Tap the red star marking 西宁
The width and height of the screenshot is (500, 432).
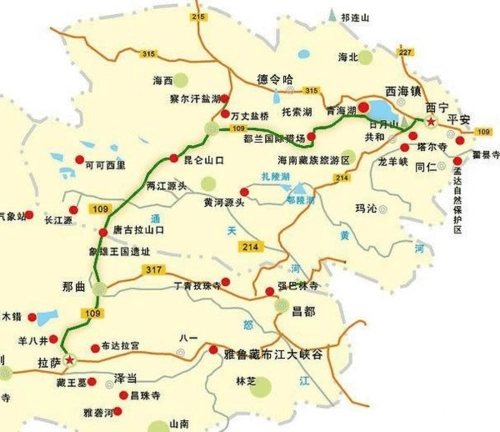point(431,122)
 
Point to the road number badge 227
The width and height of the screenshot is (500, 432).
point(405,52)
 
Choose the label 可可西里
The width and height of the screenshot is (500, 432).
point(109,163)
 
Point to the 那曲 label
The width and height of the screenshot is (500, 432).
point(74,288)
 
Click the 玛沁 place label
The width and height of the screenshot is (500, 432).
point(369,208)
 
